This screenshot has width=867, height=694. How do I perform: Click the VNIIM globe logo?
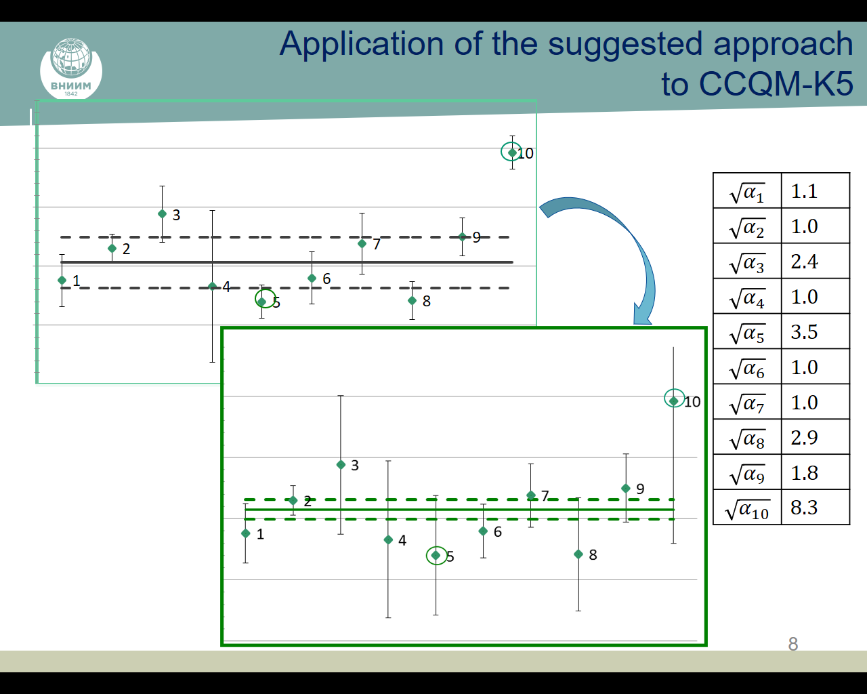click(71, 68)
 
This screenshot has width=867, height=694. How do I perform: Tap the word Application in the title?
click(361, 44)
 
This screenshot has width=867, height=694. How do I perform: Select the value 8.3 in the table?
click(804, 508)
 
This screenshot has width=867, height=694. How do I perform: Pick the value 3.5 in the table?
click(804, 331)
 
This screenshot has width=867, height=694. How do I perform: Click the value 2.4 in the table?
click(804, 262)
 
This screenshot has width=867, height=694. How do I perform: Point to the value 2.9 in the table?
click(804, 437)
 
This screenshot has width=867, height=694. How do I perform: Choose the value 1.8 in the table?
click(804, 472)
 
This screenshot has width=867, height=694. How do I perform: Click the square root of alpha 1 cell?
click(747, 190)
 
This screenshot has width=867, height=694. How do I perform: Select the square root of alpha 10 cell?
click(747, 508)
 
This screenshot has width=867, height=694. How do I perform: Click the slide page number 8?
click(793, 644)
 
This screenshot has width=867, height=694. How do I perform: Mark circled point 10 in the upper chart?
click(511, 152)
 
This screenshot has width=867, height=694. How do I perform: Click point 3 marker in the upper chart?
click(162, 213)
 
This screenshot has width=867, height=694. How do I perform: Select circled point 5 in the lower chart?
click(436, 555)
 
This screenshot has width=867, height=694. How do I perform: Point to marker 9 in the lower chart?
click(626, 489)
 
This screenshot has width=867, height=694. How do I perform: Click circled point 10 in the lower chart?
click(673, 401)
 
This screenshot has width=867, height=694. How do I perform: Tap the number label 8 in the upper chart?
click(426, 301)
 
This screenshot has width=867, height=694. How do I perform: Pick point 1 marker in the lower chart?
click(245, 533)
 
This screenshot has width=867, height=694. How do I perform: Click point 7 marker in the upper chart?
click(362, 243)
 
